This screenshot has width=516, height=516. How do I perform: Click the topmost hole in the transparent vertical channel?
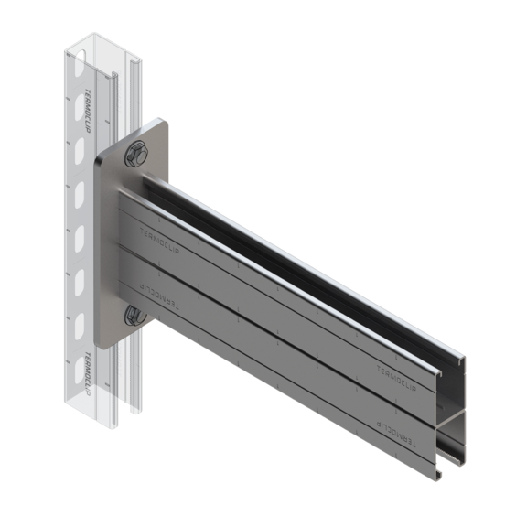tap(78, 68)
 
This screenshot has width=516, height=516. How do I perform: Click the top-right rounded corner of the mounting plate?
tap(163, 124)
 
